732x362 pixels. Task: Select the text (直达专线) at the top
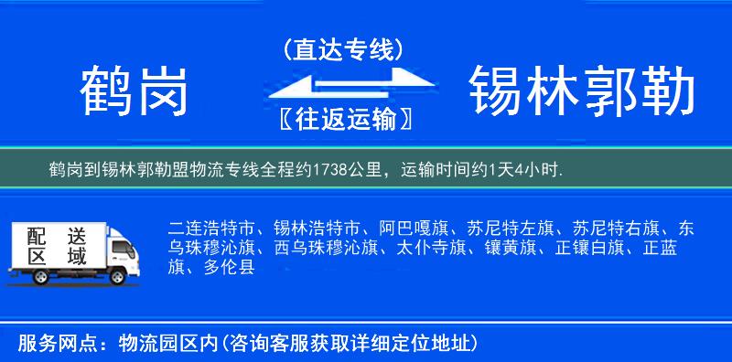pyautogui.click(x=344, y=49)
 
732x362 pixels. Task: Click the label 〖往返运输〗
pyautogui.click(x=343, y=119)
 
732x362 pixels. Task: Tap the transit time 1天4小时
pyautogui.click(x=528, y=170)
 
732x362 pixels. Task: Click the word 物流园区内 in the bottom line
pyautogui.click(x=168, y=343)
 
